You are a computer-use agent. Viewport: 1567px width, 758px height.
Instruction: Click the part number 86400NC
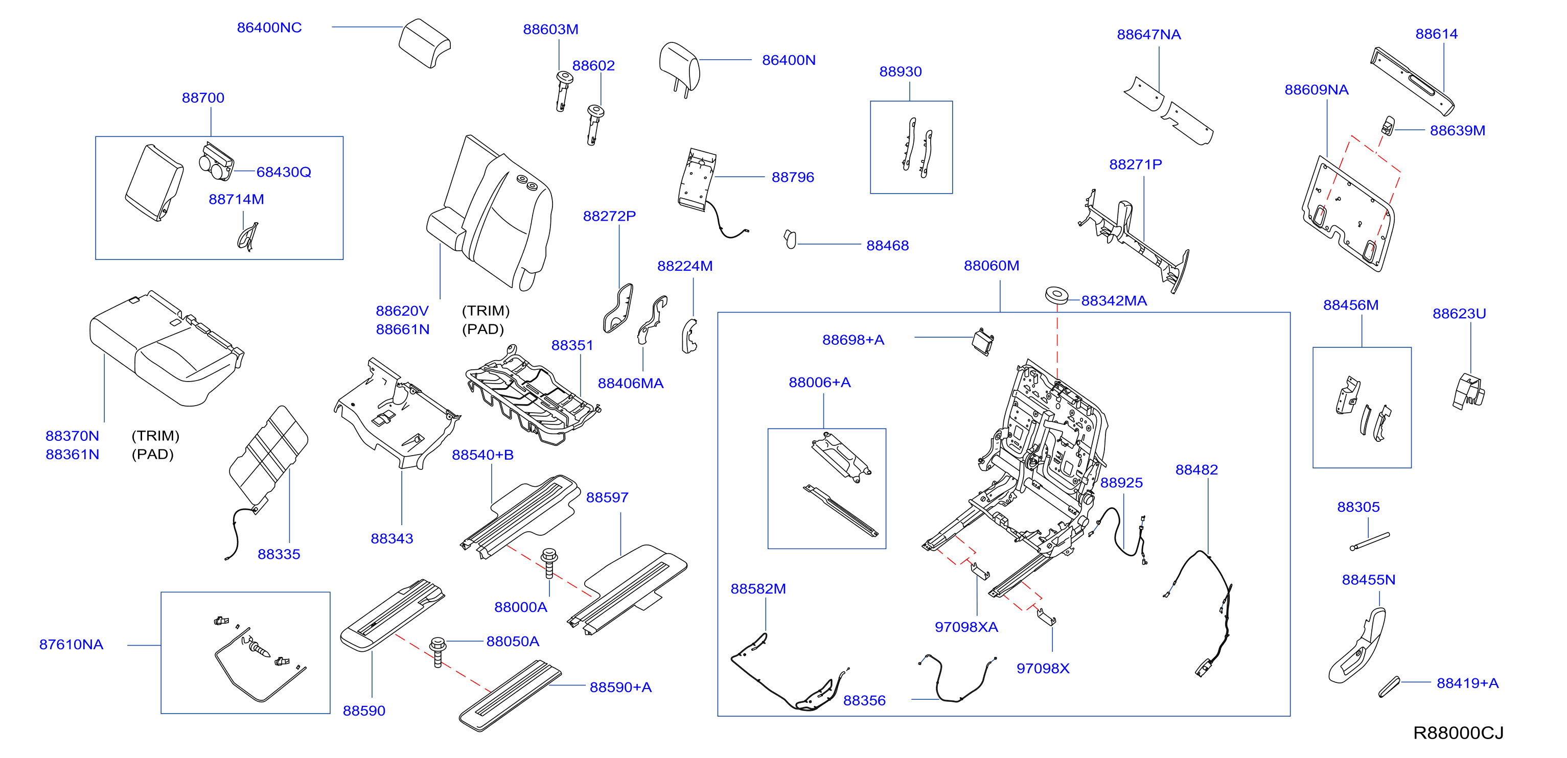[x=269, y=28]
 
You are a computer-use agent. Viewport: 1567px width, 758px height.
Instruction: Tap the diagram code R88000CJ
[x=1458, y=733]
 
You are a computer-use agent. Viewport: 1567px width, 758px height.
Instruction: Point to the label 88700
[x=203, y=98]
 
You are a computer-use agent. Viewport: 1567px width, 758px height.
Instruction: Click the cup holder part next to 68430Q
[x=216, y=162]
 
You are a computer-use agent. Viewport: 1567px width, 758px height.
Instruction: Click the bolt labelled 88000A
[x=549, y=563]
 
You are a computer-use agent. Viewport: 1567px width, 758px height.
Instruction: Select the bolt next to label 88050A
[x=437, y=652]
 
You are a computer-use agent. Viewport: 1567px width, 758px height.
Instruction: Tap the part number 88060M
[x=992, y=266]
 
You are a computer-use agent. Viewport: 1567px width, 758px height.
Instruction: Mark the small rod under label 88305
[x=1369, y=541]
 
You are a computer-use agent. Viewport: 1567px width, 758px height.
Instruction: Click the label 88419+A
[x=1467, y=683]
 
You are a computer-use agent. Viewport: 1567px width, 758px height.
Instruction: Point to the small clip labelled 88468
[x=790, y=239]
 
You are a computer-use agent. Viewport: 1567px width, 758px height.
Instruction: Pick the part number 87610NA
[x=71, y=644]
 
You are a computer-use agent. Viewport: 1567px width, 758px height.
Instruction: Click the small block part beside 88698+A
[x=983, y=342]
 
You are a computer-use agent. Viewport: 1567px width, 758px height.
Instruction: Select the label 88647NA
[x=1148, y=35]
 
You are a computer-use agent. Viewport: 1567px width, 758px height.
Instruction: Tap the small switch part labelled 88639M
[x=1388, y=125]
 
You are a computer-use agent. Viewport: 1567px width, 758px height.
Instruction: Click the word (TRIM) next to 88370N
[x=155, y=436]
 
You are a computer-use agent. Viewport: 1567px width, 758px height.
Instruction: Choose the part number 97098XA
[x=966, y=627]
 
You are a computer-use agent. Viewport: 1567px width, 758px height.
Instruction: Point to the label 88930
[x=901, y=72]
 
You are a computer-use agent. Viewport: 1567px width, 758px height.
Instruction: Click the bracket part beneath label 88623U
[x=1468, y=391]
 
